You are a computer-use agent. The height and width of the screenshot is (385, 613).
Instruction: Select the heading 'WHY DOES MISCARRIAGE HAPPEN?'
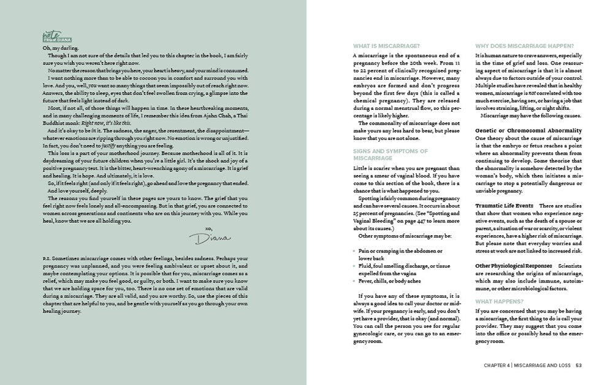tap(524, 47)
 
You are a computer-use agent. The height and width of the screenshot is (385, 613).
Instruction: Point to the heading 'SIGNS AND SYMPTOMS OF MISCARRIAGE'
tap(390, 154)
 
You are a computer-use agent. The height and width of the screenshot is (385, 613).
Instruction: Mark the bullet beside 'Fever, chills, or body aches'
tap(354, 280)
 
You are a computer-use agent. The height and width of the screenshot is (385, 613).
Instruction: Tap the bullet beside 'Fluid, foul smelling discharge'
tap(354, 266)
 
